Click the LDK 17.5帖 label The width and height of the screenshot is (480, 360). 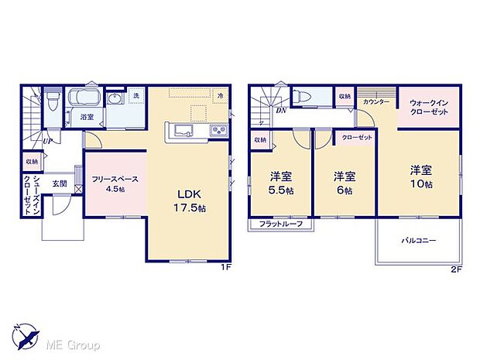(x=189, y=201)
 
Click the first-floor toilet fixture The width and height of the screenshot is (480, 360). (x=51, y=101)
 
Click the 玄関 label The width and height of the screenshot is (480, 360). (x=60, y=183)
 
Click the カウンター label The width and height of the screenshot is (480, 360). (x=375, y=101)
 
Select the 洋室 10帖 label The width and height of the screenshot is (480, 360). (x=421, y=176)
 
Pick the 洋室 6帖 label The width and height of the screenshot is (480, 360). (x=345, y=183)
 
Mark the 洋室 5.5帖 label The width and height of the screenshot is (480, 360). (x=282, y=183)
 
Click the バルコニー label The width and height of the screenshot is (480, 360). (x=418, y=241)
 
